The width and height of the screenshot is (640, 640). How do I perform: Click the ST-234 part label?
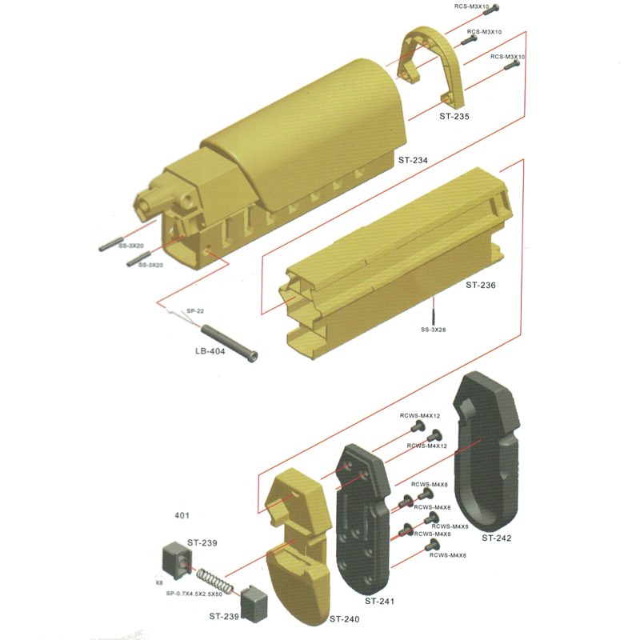coord(413,161)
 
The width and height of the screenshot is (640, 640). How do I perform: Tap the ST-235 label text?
coord(454,116)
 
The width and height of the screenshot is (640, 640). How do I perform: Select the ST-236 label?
coord(481,286)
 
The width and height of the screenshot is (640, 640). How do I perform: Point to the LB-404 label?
coord(210,351)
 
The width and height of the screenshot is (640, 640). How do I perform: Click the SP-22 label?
coord(195,311)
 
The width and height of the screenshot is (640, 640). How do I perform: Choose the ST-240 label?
coord(345,619)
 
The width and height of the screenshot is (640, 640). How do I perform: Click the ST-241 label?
coord(379,602)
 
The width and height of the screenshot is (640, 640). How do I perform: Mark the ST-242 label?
coord(496,538)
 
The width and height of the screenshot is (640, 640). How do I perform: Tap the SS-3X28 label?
coord(434,330)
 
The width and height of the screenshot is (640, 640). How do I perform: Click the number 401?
coord(182,516)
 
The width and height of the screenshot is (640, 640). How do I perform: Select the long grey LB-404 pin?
coord(230,343)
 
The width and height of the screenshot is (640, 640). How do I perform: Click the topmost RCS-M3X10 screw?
coord(491,10)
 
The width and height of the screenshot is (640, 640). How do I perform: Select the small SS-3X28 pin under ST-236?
coord(434,315)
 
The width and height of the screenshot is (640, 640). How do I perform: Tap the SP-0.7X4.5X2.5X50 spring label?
coord(194,594)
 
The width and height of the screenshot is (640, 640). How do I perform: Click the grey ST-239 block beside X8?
coord(178,561)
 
